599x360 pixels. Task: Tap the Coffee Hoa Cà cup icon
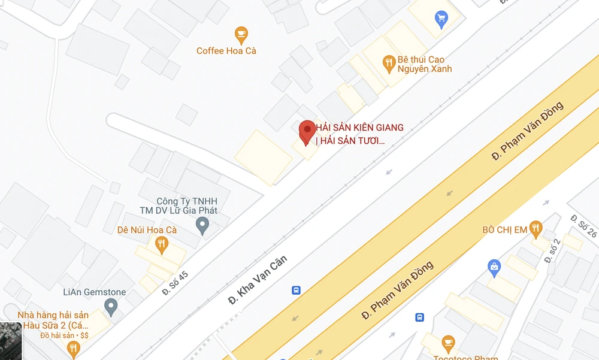point(241,34)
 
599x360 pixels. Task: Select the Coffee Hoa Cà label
point(226,51)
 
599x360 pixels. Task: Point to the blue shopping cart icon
point(442,19)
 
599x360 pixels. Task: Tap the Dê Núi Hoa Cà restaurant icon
point(161,243)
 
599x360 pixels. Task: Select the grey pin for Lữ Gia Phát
point(202,226)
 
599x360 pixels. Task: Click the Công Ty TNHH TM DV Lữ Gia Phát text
point(179,206)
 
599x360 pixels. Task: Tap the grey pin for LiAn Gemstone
point(110,307)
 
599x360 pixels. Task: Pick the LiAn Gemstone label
point(95,292)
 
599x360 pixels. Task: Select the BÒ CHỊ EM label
point(504,229)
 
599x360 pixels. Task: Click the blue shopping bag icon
point(494,267)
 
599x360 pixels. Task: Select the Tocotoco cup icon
point(447,343)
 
